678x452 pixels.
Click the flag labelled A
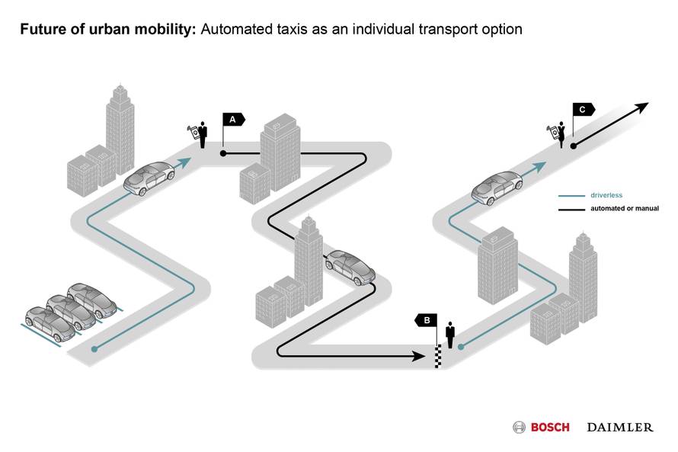click(233, 119)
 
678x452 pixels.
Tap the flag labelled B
click(426, 320)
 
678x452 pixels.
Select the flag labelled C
click(584, 110)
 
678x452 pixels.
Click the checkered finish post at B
click(437, 356)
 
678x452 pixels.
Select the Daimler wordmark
click(619, 427)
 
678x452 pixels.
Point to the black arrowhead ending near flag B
click(418, 355)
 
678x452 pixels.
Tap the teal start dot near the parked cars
click(95, 348)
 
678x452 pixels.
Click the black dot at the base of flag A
click(223, 153)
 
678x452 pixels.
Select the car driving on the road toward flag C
click(497, 186)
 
